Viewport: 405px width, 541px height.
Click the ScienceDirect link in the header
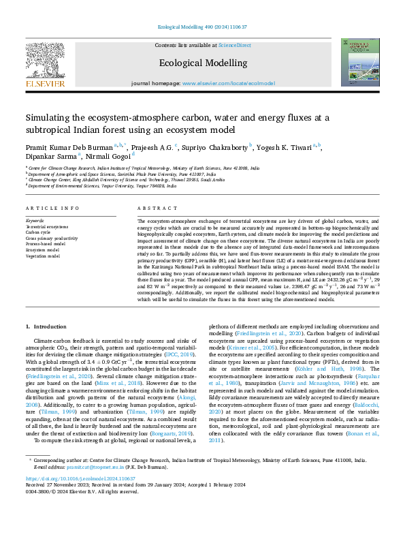[234, 45]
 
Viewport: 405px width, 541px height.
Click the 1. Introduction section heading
[47, 327]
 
